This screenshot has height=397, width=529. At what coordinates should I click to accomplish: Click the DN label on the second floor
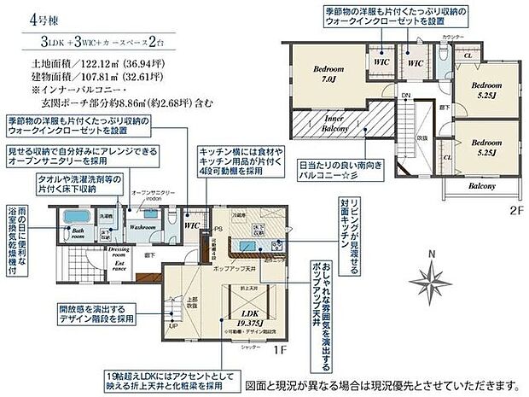406,96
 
